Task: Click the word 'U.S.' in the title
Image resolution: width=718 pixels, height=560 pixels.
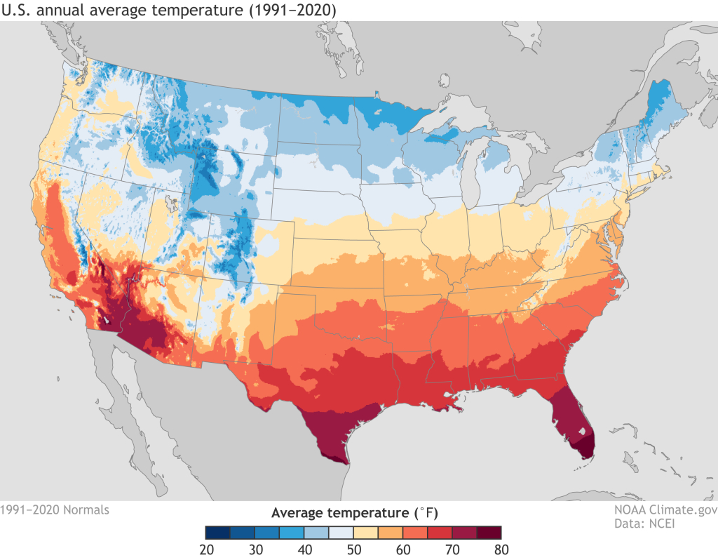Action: click(x=18, y=10)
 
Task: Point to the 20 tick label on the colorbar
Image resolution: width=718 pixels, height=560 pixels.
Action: click(x=206, y=549)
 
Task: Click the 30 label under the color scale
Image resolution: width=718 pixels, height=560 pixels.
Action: click(x=255, y=549)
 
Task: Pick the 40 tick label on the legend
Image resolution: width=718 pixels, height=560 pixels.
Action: click(x=305, y=549)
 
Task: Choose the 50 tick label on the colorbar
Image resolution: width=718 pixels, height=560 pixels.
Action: click(x=354, y=549)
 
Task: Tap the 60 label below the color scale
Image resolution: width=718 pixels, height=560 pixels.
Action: click(x=404, y=549)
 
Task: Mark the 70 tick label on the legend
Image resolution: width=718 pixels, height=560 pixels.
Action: click(x=453, y=549)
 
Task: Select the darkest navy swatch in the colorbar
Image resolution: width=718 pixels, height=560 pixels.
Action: click(x=218, y=531)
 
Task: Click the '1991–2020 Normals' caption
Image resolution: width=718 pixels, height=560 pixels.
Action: click(x=55, y=510)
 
